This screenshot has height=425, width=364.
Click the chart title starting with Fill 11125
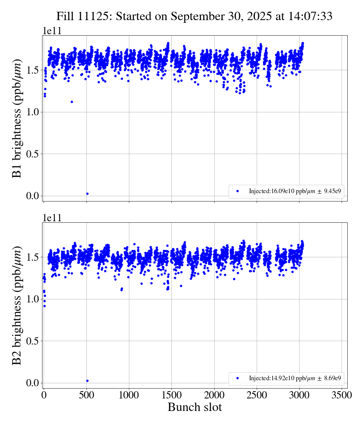194,16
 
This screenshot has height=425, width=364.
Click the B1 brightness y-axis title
17,118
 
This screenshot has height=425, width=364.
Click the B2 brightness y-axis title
17,305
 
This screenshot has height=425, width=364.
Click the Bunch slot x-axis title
195,408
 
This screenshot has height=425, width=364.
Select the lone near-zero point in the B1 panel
87,194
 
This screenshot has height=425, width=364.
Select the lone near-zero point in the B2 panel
87,381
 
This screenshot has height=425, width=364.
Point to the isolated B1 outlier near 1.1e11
72,102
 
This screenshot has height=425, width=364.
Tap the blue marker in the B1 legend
238,191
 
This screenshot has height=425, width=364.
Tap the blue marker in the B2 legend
238,378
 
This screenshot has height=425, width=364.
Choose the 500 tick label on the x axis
86,395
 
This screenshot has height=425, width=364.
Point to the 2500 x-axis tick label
257,395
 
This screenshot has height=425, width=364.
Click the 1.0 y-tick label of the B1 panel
33,112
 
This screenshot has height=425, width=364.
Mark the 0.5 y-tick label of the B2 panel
33,341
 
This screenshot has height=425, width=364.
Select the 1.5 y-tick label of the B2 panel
33,257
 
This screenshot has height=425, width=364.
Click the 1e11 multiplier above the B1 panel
52,31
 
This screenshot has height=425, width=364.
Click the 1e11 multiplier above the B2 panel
52,218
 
